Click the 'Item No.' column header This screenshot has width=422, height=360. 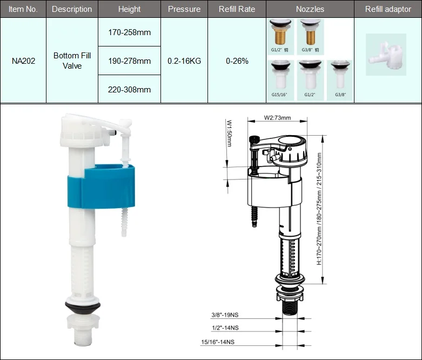[x=23, y=9]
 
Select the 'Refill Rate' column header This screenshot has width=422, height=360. [x=237, y=9]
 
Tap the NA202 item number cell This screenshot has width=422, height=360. [x=23, y=61]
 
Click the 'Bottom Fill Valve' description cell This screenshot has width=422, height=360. [x=72, y=61]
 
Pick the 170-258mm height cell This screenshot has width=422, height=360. [x=129, y=32]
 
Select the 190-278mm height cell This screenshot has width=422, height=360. [x=129, y=61]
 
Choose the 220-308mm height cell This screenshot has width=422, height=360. [x=129, y=89]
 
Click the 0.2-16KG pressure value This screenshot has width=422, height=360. [x=184, y=61]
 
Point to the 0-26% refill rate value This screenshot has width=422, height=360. [x=237, y=61]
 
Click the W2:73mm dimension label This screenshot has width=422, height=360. [x=277, y=118]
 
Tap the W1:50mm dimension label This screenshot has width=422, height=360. [x=229, y=134]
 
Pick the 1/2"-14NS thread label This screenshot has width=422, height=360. [x=225, y=328]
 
